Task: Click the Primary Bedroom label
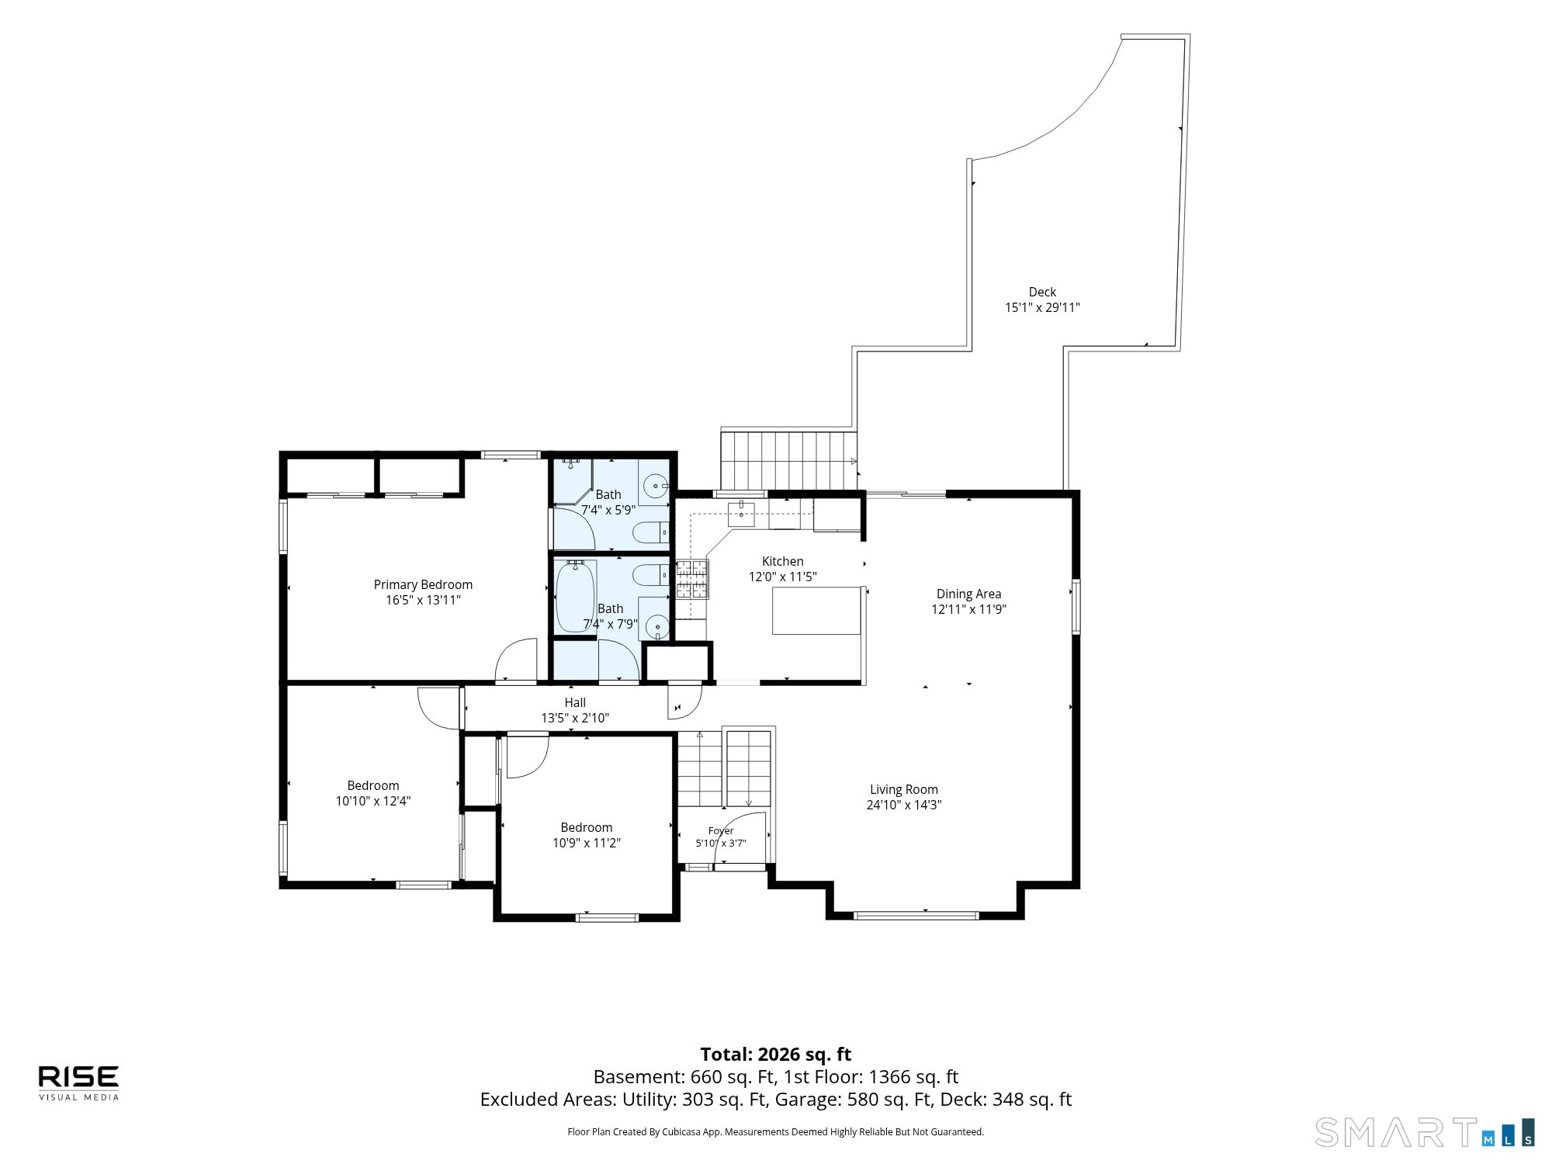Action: click(x=423, y=584)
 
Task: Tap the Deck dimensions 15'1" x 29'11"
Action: click(x=1042, y=307)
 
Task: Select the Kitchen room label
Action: click(x=782, y=561)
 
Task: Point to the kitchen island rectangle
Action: click(x=816, y=611)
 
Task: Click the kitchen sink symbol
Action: click(x=741, y=514)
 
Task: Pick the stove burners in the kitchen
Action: click(x=691, y=580)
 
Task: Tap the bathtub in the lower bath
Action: click(x=576, y=596)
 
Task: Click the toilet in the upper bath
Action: click(x=651, y=532)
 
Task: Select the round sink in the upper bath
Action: click(x=656, y=487)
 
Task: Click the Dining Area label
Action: click(x=968, y=594)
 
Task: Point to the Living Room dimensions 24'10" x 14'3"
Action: click(x=904, y=805)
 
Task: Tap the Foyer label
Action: click(x=721, y=831)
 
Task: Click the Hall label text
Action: click(x=575, y=702)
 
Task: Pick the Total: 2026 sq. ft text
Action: click(x=775, y=1054)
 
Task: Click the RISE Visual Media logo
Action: click(x=79, y=1083)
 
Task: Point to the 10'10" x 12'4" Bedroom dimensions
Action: click(x=372, y=801)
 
